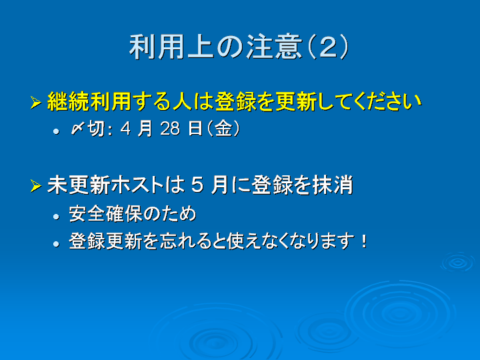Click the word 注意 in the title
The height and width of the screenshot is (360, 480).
275,47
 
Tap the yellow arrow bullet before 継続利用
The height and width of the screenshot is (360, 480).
36,103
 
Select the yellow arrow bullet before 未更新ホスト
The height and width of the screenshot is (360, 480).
36,186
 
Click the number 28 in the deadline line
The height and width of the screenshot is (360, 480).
170,129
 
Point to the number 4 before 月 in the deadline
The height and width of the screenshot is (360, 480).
125,129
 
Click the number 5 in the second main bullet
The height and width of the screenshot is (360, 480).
197,185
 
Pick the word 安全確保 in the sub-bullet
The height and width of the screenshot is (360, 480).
105,214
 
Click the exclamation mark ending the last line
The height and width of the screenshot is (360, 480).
364,241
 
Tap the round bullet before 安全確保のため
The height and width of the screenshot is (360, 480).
56,217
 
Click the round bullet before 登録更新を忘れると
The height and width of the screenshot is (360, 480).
56,244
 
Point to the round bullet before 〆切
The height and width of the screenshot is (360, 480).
56,131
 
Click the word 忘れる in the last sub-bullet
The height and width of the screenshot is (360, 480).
184,241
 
